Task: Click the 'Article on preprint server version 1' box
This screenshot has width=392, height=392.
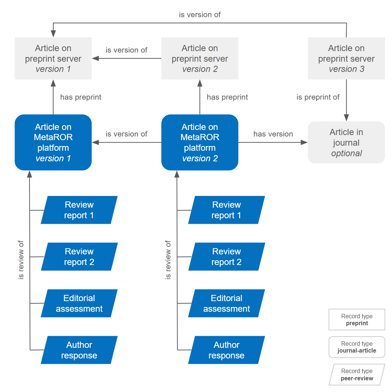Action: click(53, 58)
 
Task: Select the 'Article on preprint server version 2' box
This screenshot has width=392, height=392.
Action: click(200, 58)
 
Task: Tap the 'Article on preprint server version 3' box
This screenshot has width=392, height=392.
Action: click(346, 58)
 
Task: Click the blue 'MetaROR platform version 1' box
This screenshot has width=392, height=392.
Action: click(53, 142)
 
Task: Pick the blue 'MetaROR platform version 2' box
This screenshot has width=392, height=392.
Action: click(200, 142)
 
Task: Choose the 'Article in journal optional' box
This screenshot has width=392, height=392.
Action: click(346, 142)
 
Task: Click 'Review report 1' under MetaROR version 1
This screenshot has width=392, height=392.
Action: click(79, 210)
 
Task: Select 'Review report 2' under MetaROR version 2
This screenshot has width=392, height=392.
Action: click(227, 257)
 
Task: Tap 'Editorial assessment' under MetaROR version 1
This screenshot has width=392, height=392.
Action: click(79, 303)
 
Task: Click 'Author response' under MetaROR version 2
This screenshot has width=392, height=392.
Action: click(227, 350)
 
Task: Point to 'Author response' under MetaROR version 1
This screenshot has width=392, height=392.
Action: click(79, 350)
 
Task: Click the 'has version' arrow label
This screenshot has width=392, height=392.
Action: click(273, 134)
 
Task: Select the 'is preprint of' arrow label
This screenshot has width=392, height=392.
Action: click(318, 97)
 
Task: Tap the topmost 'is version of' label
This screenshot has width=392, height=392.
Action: click(200, 15)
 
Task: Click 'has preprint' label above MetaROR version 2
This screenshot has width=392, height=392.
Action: click(227, 97)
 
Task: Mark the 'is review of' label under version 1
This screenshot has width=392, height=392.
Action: click(21, 260)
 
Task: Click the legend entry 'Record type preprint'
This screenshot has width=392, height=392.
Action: click(357, 320)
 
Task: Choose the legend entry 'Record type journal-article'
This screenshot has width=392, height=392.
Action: click(357, 347)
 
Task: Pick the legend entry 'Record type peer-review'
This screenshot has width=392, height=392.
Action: click(357, 374)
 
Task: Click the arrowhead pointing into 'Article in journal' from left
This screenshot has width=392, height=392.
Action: click(305, 142)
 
